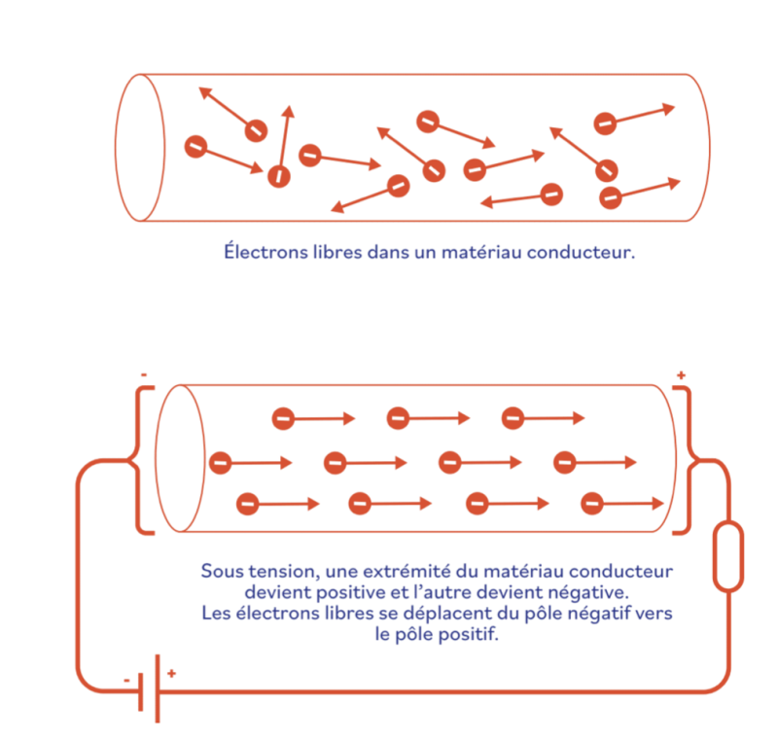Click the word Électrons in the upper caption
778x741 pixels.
coord(265,251)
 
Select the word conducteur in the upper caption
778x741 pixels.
coord(581,253)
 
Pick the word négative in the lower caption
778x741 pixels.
coord(588,592)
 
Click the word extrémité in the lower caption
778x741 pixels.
coord(407,572)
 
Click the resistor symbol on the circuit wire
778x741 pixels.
coord(727,556)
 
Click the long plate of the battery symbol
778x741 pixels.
coord(158,688)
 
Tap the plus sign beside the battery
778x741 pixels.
coord(172,673)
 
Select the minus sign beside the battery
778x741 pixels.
coord(127,680)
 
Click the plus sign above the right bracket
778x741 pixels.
coord(682,375)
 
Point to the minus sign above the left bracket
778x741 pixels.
coord(144,375)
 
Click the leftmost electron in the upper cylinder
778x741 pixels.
coord(195,147)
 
